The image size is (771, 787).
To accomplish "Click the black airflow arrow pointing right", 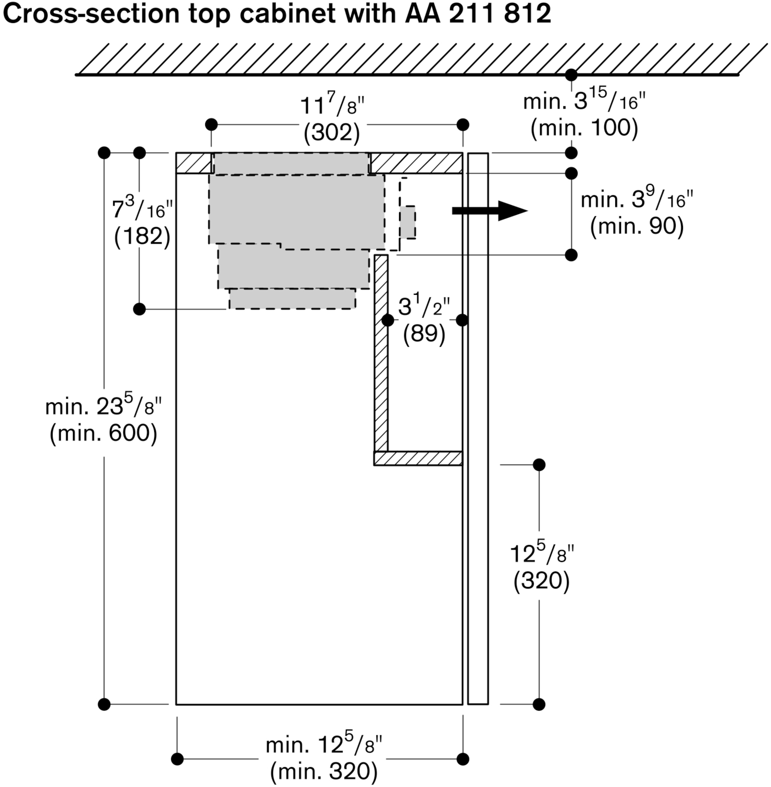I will [x=490, y=211].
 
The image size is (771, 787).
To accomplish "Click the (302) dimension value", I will [x=332, y=133].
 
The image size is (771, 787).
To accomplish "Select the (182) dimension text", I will [x=142, y=236].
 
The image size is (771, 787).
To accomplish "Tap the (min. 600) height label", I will [x=103, y=433].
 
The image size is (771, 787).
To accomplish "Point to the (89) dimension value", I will [x=424, y=333].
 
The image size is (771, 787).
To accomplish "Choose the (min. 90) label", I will [x=637, y=226].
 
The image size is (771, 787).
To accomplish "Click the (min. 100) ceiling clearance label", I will [x=584, y=128].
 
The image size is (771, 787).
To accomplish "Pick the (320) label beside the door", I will [x=541, y=581].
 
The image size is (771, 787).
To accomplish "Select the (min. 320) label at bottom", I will [x=324, y=770].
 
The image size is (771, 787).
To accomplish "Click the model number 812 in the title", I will [x=527, y=14].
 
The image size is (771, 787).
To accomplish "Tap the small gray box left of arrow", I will [x=408, y=222].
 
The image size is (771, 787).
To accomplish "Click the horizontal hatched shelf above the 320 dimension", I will [x=418, y=458].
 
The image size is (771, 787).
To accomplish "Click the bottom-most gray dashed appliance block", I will [x=292, y=299].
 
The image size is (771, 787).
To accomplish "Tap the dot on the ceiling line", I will [x=571, y=74].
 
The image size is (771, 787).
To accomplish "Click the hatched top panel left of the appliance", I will [x=194, y=163].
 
